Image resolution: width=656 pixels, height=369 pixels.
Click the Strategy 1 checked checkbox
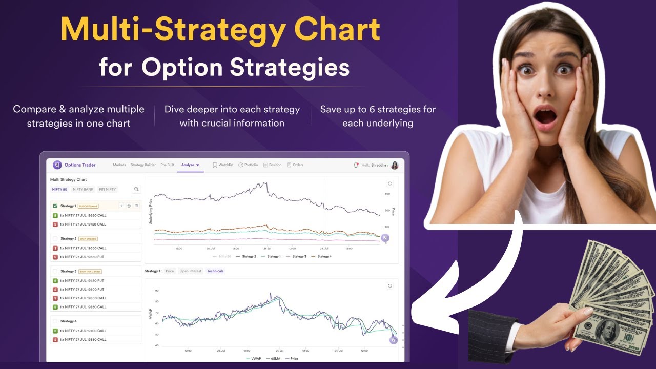pyautogui.click(x=55, y=206)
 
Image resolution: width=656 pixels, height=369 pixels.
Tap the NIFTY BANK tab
pyautogui.click(x=83, y=189)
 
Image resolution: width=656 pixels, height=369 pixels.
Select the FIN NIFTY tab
pyautogui.click(x=108, y=189)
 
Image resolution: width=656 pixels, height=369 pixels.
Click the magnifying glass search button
pyautogui.click(x=136, y=189)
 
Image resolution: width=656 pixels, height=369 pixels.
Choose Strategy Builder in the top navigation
pyautogui.click(x=143, y=165)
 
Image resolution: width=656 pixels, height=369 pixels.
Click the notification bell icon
pyautogui.click(x=356, y=165)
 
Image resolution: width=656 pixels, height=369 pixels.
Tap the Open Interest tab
pyautogui.click(x=190, y=271)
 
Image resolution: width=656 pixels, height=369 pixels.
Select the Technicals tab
pyautogui.click(x=215, y=271)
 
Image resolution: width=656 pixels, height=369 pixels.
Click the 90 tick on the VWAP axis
pyautogui.click(x=157, y=291)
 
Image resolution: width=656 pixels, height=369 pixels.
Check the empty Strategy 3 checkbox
pyautogui.click(x=55, y=271)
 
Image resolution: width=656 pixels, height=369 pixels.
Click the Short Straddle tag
pyautogui.click(x=88, y=239)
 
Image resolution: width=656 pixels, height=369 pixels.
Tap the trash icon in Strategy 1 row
pyautogui.click(x=136, y=206)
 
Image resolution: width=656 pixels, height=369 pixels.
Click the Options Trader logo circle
pyautogui.click(x=57, y=165)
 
